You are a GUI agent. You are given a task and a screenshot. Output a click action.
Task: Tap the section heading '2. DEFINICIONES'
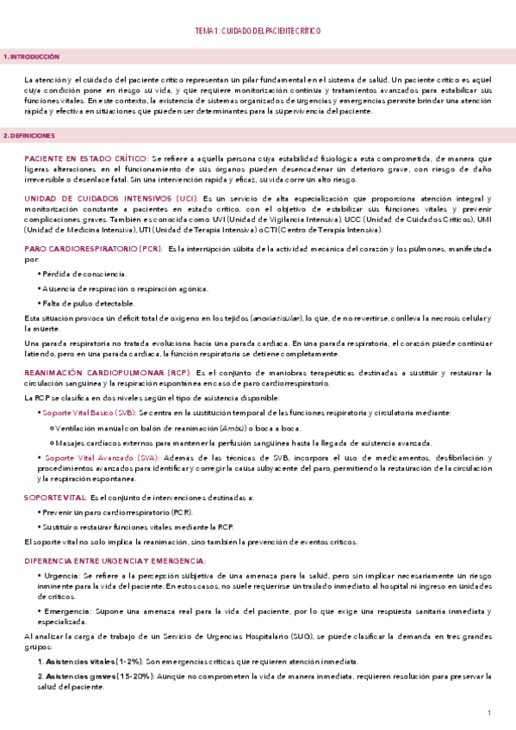pyautogui.click(x=29, y=136)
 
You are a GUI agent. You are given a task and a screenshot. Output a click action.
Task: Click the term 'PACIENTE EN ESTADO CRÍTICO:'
pyautogui.click(x=86, y=158)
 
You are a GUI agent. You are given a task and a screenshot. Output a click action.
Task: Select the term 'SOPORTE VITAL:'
pyautogui.click(x=56, y=498)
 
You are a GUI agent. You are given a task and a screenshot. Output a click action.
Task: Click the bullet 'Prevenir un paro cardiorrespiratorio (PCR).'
pyautogui.click(x=120, y=511)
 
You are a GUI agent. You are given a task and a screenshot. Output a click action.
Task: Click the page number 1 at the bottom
pyautogui.click(x=488, y=713)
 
